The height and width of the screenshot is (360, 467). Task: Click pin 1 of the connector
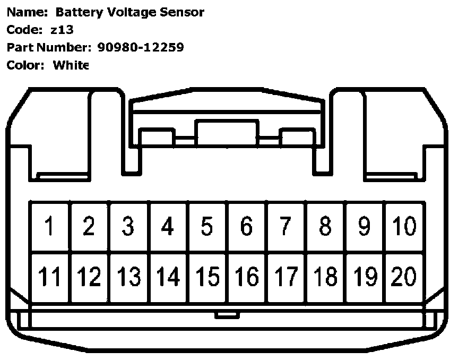coord(49,227)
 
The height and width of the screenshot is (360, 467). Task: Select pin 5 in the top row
coord(207,227)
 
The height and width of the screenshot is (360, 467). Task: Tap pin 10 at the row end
coord(404,227)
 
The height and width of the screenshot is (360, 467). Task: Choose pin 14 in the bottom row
coord(168,277)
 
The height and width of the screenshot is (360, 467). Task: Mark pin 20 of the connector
coord(404,277)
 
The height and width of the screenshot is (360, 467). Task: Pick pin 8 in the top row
coord(325,227)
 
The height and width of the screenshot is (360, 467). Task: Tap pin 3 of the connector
coord(128,227)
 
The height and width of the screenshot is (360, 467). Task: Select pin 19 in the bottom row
coord(365,277)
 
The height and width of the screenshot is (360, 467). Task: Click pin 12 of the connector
coord(89,277)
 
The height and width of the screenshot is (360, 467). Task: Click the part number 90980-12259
coord(141,47)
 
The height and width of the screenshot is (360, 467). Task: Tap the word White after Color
coord(71,65)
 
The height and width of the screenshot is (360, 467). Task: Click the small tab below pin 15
coord(227,315)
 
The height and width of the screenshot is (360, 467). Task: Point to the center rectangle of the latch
coord(227,133)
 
